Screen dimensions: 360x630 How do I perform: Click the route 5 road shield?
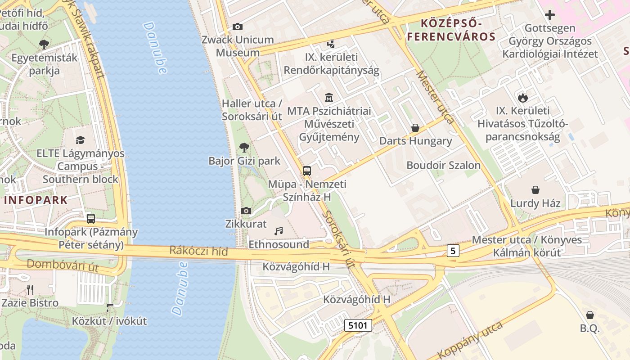coord(453,251)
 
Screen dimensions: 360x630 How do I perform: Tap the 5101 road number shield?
coord(358,325)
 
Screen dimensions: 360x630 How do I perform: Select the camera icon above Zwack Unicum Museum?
coord(238,27)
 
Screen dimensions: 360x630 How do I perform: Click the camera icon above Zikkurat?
coord(246,211)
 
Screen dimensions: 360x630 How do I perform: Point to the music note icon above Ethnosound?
coord(279,231)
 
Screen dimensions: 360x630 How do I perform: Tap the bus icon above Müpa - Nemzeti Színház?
coord(307,171)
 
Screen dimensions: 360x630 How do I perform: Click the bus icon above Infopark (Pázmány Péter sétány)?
coord(91,219)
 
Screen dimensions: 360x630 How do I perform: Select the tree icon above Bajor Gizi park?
coord(244,147)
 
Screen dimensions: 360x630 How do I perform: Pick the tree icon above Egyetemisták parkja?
coord(44,44)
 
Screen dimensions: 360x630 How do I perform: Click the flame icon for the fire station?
coord(522,97)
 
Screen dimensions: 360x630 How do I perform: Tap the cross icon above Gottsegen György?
coord(550,15)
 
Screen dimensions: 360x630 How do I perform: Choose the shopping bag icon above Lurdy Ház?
coord(535,190)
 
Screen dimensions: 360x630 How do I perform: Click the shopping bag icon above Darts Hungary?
coord(415,128)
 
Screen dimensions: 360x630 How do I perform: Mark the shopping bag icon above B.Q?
coord(590,315)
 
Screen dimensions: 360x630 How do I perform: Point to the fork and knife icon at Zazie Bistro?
coord(30,289)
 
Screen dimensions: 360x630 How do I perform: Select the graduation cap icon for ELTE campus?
coord(80,140)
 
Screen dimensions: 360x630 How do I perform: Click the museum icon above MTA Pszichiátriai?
coord(329,97)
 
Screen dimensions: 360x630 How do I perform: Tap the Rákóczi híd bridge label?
coord(199,251)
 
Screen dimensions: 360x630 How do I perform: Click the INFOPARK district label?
coord(36,200)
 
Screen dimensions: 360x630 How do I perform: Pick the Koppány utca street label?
coord(471,340)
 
